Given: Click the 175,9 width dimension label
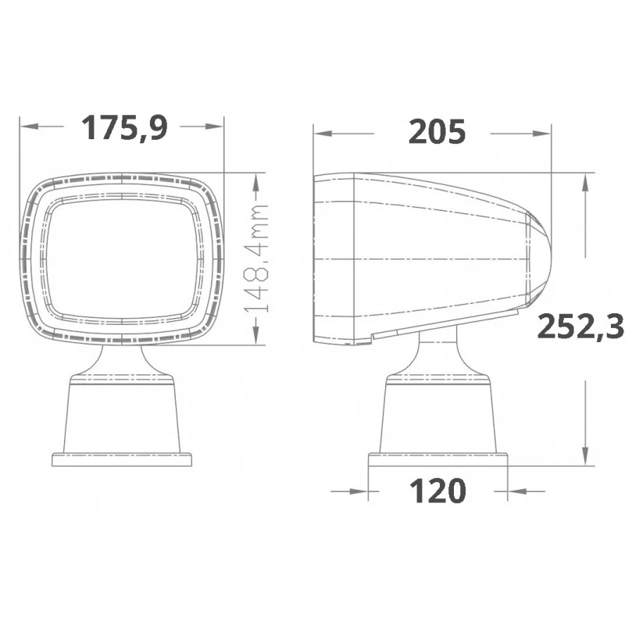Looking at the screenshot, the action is coord(124,127).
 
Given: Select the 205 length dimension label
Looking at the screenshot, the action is coord(437,131).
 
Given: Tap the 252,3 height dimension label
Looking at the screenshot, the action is coord(580,326).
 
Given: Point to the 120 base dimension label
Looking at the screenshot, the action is coord(437,491).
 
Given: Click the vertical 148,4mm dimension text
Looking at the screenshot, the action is coord(255,259).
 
